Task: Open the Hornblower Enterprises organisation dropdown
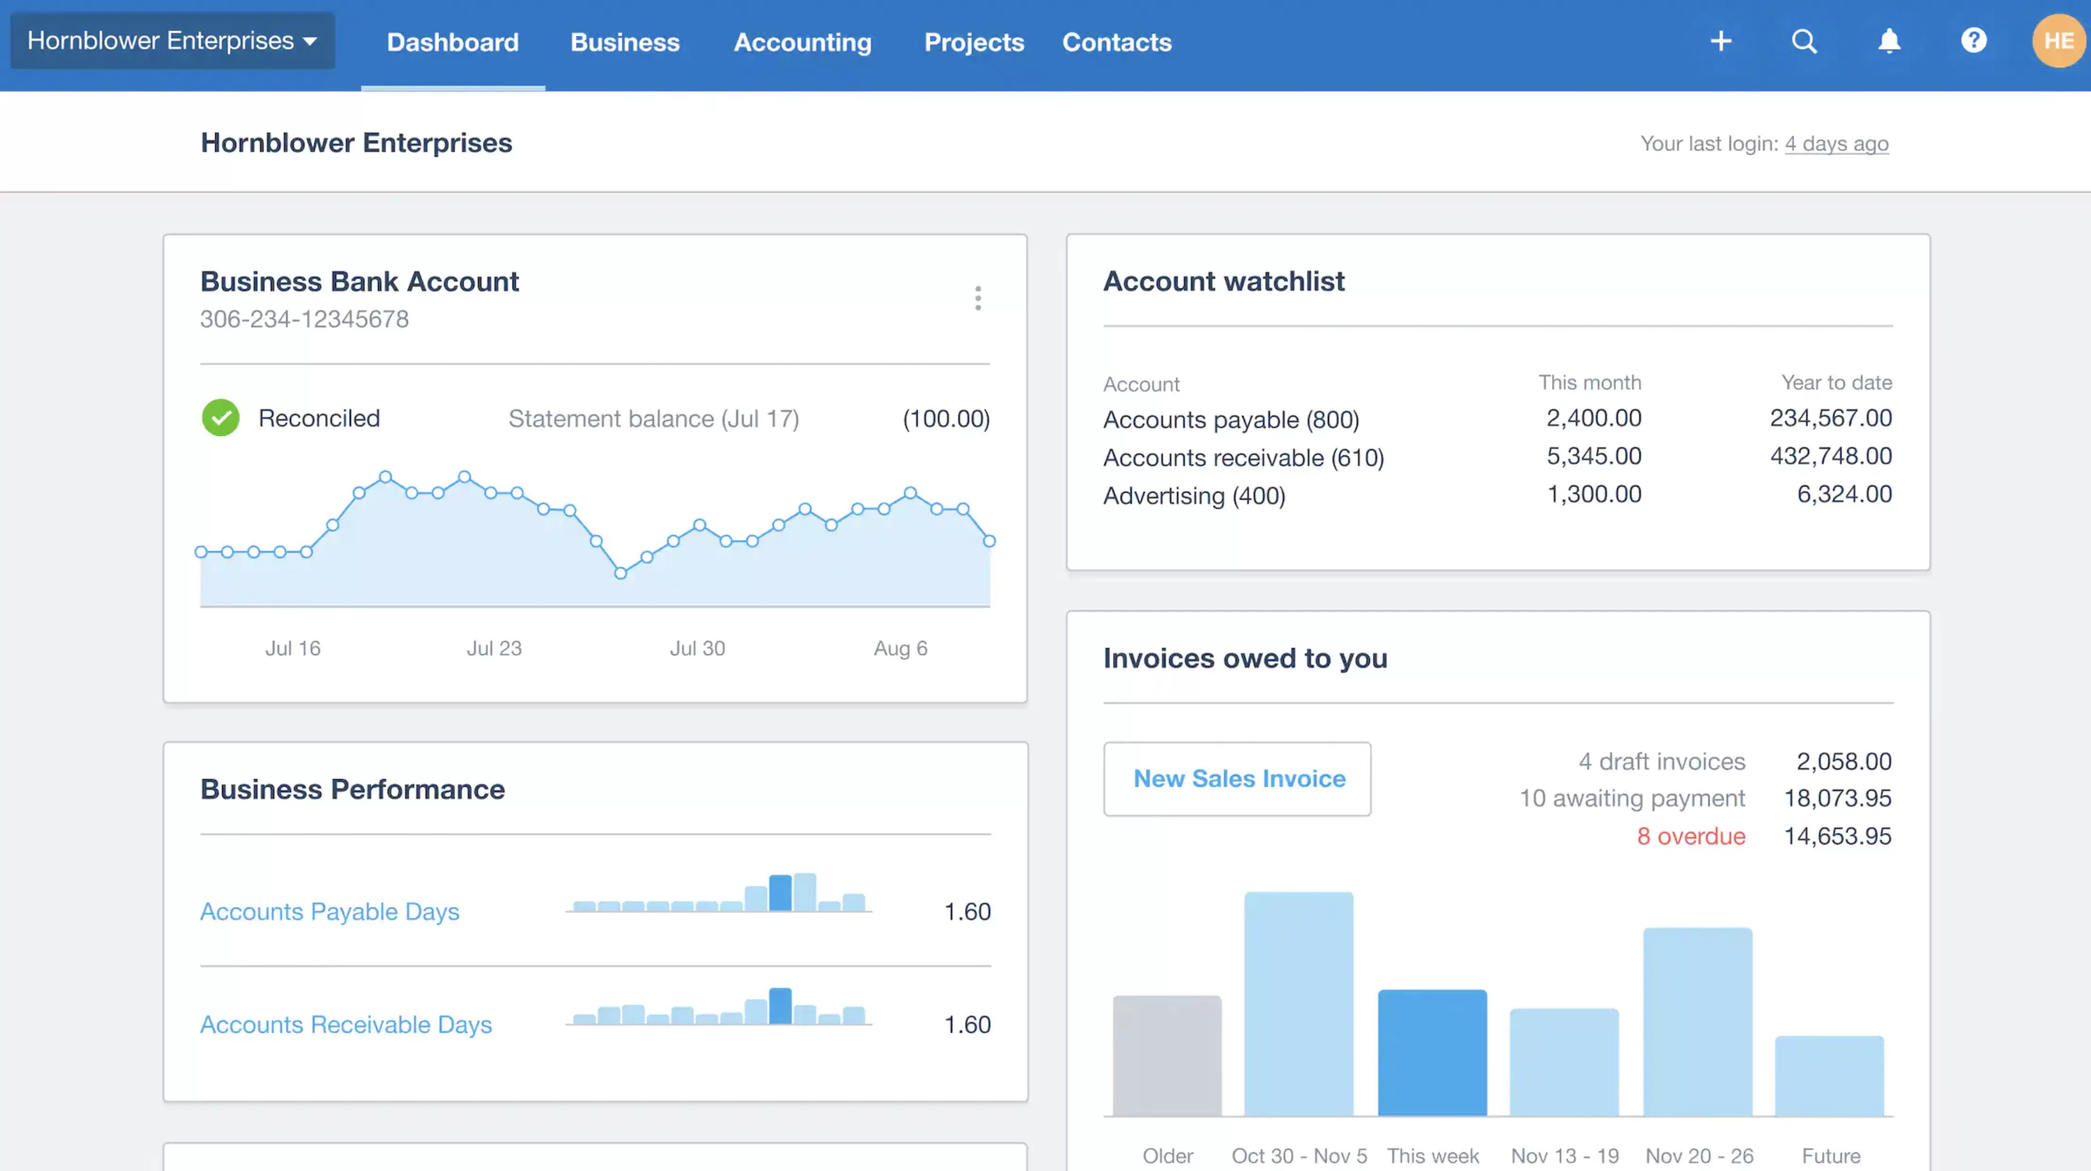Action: coord(172,41)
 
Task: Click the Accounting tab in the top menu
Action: coord(802,42)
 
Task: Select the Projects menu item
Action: coord(973,42)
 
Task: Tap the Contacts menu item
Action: coord(1116,42)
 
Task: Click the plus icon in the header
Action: coord(1720,41)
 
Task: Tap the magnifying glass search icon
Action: coord(1804,41)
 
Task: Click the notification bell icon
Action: coord(1889,41)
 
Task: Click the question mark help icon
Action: coord(1973,41)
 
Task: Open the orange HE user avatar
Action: coord(2057,41)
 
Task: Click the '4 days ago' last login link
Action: coord(1836,144)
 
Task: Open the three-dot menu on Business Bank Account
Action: coord(978,298)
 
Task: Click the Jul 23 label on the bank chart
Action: coord(494,648)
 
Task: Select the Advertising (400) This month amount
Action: coord(1594,494)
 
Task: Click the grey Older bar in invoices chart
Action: coord(1166,1056)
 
